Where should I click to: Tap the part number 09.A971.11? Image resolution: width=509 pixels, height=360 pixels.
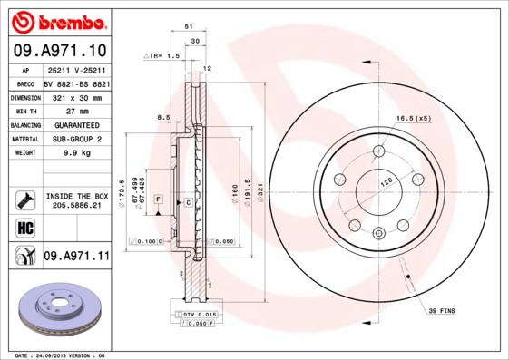click(76, 257)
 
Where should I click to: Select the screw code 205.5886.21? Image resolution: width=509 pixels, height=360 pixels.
click(76, 205)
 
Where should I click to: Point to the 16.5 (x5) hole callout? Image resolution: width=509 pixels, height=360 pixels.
click(413, 118)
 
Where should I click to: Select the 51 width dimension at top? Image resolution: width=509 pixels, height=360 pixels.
click(189, 28)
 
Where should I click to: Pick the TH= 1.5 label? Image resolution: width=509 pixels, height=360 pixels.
click(163, 56)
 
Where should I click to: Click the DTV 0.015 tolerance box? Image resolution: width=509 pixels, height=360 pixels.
click(195, 313)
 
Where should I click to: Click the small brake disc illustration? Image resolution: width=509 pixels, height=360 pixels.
click(54, 311)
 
